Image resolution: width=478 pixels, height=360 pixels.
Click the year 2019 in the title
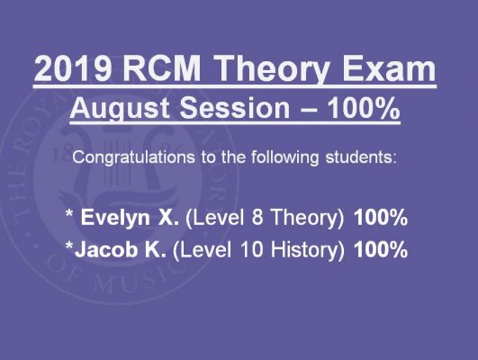tap(73, 68)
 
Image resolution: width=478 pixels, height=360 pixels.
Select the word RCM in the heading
tap(162, 68)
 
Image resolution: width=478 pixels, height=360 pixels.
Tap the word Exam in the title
tap(389, 68)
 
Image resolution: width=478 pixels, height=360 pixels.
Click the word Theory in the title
tap(273, 71)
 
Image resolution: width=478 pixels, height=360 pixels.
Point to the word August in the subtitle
tap(120, 109)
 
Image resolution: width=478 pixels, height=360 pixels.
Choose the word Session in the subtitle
tap(235, 108)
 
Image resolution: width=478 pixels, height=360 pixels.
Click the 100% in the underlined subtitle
tap(363, 108)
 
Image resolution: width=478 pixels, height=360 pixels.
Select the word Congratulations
tap(133, 157)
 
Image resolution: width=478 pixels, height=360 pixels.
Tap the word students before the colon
tap(358, 157)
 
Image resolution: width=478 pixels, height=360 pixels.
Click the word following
tap(285, 157)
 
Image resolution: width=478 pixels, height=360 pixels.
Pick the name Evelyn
tap(115, 219)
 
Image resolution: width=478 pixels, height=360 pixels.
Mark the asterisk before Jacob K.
tap(69, 245)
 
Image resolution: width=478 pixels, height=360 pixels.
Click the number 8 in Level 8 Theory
tap(257, 217)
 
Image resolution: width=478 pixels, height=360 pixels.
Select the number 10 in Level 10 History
tap(251, 248)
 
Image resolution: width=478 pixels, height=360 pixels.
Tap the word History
tap(307, 250)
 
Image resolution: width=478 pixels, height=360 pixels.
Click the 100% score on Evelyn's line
tap(381, 217)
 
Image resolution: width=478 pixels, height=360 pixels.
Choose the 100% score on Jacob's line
tap(381, 248)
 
